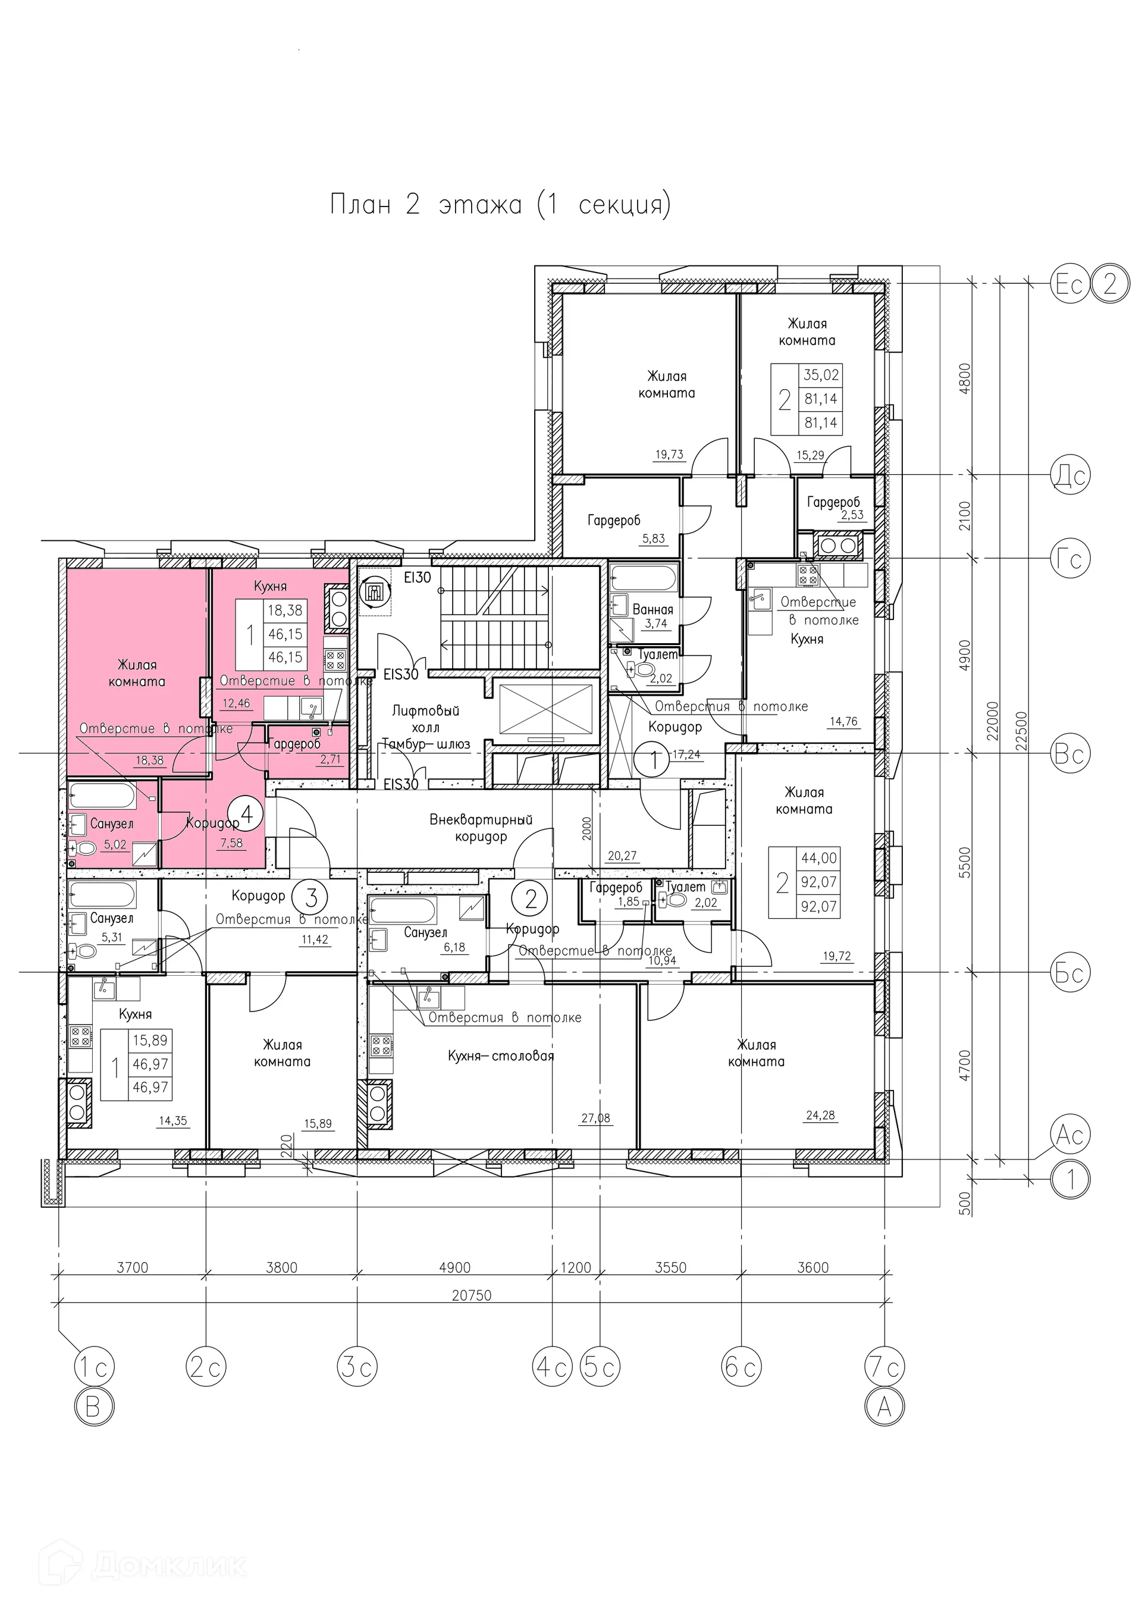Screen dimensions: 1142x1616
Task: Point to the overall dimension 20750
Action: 472,1296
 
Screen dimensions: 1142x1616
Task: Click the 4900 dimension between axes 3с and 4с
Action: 454,1267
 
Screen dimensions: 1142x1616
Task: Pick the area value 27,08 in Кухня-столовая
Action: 596,1117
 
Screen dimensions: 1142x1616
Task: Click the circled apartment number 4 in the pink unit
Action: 246,815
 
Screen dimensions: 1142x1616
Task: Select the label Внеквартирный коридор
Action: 481,828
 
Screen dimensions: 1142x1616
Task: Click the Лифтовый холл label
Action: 426,719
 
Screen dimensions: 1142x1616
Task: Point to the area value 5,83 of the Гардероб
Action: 652,538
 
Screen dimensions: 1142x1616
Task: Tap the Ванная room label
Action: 653,609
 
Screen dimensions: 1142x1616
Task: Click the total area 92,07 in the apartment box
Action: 819,882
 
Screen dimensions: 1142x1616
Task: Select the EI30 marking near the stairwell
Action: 418,577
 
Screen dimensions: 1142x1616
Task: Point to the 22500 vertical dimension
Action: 1022,731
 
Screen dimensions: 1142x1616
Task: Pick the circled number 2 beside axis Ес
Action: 1110,284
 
